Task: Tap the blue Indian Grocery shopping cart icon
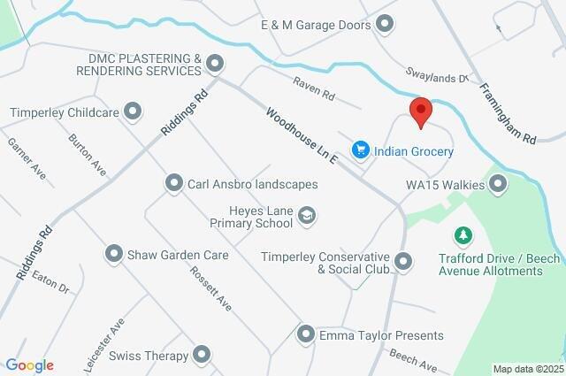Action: pos(360,151)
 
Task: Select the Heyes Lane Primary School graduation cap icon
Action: pos(306,214)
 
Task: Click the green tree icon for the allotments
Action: pos(461,235)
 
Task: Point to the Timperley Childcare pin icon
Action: pos(133,111)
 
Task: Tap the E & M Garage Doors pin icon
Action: pos(385,25)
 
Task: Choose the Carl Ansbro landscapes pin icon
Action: pos(173,184)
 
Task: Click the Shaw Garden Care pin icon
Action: pos(114,255)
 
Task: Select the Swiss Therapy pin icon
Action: pos(203,356)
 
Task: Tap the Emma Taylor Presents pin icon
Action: pos(305,335)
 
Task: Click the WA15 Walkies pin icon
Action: pos(498,185)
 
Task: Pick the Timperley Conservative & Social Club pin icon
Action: pos(403,261)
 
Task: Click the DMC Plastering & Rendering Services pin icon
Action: pos(216,63)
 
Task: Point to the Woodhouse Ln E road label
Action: pos(301,136)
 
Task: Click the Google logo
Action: pos(28,365)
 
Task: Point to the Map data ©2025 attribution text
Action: pos(527,369)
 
